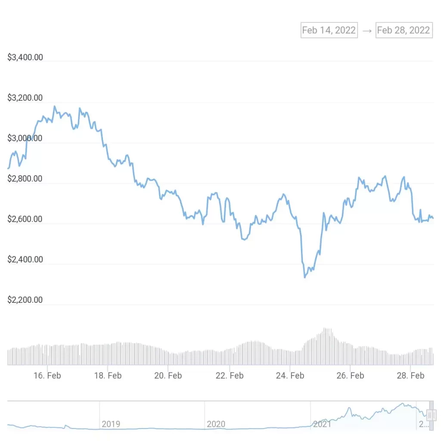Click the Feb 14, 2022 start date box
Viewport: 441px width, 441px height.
pyautogui.click(x=329, y=30)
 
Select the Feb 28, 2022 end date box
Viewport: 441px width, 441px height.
pyautogui.click(x=404, y=30)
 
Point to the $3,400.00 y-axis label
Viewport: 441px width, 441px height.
pyautogui.click(x=25, y=57)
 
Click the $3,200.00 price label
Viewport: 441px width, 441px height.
pyautogui.click(x=25, y=98)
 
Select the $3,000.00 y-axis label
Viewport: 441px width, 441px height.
pyautogui.click(x=25, y=138)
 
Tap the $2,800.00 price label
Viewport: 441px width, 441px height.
pyautogui.click(x=25, y=179)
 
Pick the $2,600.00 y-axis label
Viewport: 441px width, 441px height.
pyautogui.click(x=25, y=219)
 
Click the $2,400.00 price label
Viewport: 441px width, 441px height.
pyautogui.click(x=25, y=259)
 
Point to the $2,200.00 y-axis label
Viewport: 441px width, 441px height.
pyautogui.click(x=25, y=300)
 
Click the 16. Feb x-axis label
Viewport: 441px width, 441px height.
pyautogui.click(x=47, y=376)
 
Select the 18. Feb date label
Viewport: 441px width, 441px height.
pyautogui.click(x=108, y=376)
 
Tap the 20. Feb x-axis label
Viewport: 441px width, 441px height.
pyautogui.click(x=168, y=376)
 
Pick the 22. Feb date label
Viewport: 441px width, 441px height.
pyautogui.click(x=229, y=376)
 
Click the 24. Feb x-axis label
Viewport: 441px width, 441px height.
pyautogui.click(x=290, y=376)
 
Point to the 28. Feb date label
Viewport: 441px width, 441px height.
pyautogui.click(x=411, y=376)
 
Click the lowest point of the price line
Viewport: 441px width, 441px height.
pyautogui.click(x=305, y=277)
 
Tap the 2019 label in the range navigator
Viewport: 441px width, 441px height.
pyautogui.click(x=111, y=424)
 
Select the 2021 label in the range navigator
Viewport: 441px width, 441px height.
pyautogui.click(x=322, y=424)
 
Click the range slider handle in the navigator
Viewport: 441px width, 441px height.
pyautogui.click(x=431, y=416)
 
